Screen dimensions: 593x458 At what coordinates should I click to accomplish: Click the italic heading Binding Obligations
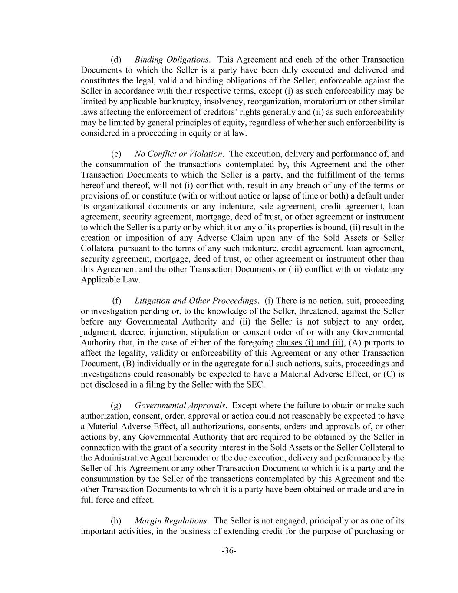coord(171,60)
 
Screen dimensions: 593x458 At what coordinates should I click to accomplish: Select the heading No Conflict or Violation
coord(179,154)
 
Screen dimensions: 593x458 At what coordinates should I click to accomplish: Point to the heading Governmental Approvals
coord(180,405)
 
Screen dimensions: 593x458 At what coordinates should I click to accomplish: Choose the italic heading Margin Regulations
coord(171,520)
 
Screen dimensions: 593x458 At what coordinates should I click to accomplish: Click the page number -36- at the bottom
coord(229,551)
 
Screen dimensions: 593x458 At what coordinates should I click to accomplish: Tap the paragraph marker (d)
coord(116,60)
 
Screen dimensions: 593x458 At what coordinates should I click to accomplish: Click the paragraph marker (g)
coord(116,405)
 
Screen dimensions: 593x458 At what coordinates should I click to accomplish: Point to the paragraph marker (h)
coord(116,520)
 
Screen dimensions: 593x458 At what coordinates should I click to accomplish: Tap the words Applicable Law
coord(111,280)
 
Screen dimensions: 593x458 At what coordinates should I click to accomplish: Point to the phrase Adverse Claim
coord(222,238)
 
